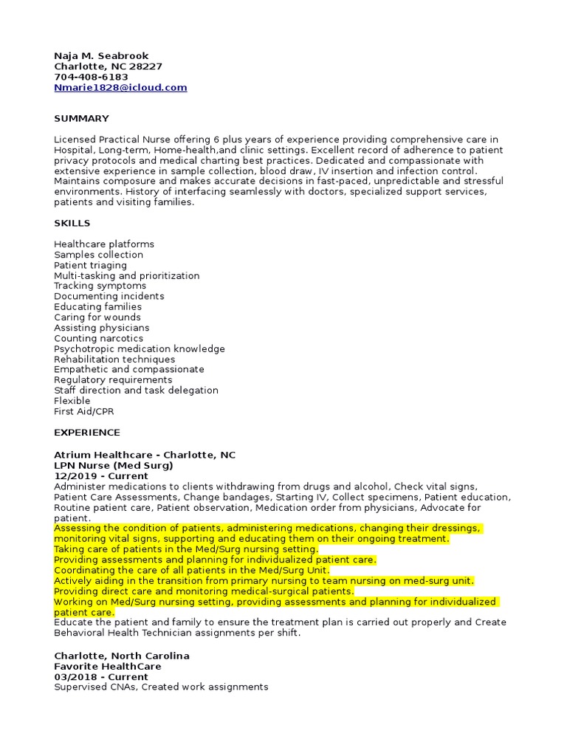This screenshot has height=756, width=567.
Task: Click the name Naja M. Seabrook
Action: (101, 56)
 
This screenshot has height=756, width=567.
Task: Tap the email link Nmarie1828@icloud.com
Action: (120, 87)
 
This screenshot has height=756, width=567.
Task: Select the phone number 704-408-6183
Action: (91, 77)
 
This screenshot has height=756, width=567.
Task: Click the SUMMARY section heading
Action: (81, 118)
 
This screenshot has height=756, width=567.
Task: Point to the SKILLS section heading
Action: (72, 223)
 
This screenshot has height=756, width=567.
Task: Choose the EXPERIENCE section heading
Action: (86, 433)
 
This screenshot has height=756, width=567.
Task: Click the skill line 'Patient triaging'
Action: (90, 265)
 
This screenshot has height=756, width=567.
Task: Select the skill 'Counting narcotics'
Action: (98, 338)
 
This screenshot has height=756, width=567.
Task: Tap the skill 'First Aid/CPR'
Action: (83, 411)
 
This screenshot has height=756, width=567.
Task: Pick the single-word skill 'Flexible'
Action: (72, 401)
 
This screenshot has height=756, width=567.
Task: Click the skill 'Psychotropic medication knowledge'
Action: (140, 348)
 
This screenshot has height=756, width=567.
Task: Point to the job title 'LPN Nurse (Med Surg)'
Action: (114, 466)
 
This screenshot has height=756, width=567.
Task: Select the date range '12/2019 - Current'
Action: (100, 476)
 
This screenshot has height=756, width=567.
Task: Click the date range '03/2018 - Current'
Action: (100, 677)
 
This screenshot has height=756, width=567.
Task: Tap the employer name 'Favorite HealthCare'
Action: (108, 667)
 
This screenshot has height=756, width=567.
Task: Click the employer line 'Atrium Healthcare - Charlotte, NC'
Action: (145, 455)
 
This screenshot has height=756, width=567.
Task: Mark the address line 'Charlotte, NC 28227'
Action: (108, 66)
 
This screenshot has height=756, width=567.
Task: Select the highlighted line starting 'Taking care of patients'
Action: (186, 549)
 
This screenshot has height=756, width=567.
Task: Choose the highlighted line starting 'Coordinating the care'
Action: (192, 570)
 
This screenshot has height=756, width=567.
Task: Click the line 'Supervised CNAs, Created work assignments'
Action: (161, 687)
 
